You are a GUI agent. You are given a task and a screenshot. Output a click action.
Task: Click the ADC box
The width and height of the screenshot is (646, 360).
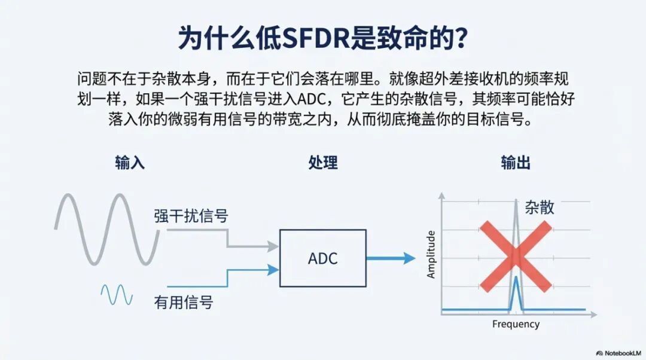click(323, 258)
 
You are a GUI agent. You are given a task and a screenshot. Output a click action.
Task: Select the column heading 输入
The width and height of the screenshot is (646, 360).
click(130, 163)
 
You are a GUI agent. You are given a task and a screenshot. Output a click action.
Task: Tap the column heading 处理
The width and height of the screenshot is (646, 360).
click(323, 163)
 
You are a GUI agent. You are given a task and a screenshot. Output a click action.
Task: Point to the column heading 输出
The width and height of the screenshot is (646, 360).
click(516, 163)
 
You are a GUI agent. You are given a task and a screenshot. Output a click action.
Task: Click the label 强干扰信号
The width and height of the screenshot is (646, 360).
click(191, 216)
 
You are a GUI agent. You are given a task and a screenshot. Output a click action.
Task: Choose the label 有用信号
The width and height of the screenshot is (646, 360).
click(183, 302)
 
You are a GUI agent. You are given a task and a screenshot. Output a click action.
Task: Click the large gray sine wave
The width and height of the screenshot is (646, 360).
click(108, 228)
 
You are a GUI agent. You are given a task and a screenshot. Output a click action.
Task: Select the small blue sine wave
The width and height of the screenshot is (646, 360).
click(117, 294)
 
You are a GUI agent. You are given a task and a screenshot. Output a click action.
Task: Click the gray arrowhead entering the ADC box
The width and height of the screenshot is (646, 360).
click(273, 246)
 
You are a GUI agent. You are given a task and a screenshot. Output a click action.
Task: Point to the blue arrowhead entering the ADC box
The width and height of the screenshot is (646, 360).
click(273, 270)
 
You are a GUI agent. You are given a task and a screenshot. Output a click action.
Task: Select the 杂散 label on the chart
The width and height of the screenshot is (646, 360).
click(540, 208)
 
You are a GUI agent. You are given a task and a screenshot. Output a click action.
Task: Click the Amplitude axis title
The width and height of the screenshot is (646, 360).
click(431, 254)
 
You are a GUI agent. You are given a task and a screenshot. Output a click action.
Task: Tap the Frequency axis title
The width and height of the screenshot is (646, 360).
click(516, 324)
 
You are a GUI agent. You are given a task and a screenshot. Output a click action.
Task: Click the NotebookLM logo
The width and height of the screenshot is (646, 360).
click(618, 353)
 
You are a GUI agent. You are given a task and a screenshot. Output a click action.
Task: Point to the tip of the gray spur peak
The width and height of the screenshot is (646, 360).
click(516, 199)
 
